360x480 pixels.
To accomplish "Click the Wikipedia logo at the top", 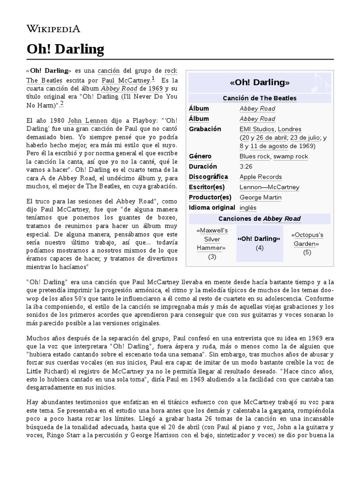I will point(53,29).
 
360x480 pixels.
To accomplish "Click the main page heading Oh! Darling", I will point(65,49).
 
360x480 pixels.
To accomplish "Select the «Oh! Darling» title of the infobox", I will point(260,82).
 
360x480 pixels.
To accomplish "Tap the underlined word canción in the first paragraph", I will point(109,70).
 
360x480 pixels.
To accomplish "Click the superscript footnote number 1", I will point(153,78).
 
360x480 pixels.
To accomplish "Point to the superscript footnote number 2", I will point(62,103).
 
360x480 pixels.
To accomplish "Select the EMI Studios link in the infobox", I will point(256,129).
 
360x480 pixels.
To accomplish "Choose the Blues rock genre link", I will point(255,156).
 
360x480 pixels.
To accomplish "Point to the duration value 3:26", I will point(247,166).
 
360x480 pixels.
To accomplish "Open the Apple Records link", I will point(261,177).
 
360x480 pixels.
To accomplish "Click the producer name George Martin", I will point(260,197).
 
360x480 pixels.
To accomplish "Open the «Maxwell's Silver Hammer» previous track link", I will point(212,239).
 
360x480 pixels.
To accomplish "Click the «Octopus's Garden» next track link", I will point(307,239).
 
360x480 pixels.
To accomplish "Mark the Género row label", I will point(200,156).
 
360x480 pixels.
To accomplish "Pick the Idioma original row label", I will point(212,208).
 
